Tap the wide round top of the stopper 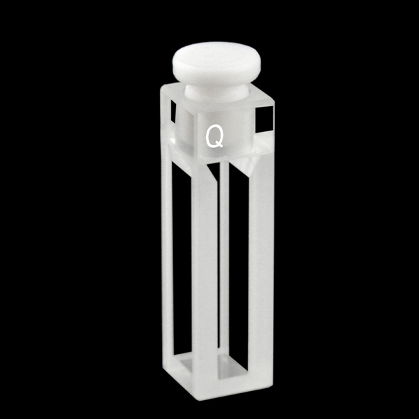(216, 61)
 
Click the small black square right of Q (265, 119)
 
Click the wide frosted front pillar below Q (204, 272)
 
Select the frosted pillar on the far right (260, 272)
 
